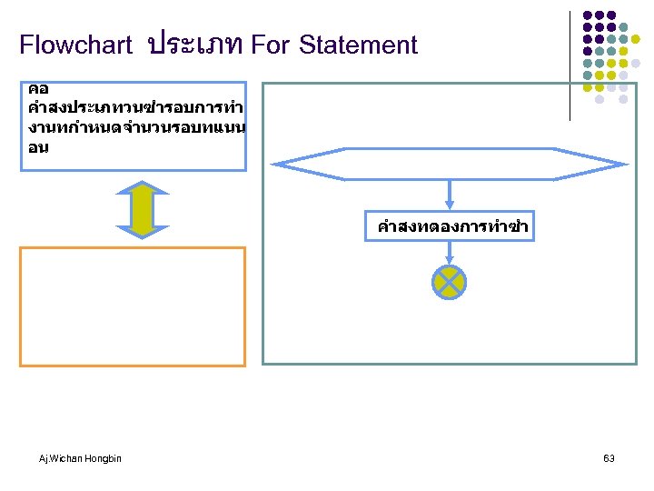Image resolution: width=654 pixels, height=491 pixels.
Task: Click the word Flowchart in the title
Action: pos(76,45)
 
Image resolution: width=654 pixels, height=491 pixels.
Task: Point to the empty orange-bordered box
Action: pos(133,306)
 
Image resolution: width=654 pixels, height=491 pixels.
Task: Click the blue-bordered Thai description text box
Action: pos(133,125)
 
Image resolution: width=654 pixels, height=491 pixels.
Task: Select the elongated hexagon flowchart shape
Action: pos(450,163)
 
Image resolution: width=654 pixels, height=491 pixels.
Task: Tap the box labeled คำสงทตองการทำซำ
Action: pos(450,226)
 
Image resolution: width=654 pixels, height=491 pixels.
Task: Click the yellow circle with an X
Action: pos(450,283)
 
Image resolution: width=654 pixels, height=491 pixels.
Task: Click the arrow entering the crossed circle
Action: pos(450,254)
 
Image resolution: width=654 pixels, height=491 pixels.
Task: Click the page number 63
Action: pos(609,458)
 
